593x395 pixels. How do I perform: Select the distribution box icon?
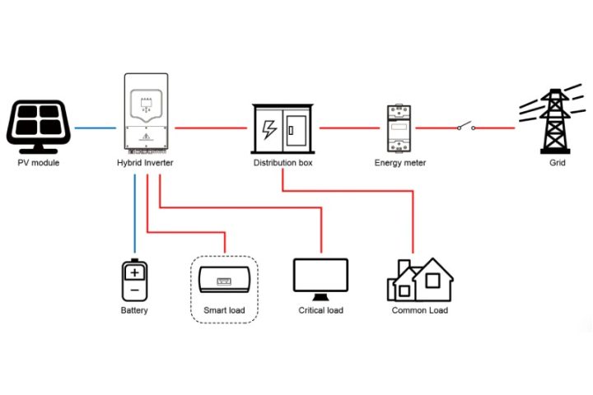coord(282,128)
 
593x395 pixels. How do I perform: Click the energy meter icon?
coord(400,128)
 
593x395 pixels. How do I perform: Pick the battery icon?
coord(134,280)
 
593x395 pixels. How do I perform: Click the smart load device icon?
coord(224,282)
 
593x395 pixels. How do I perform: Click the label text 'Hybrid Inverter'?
coord(145,163)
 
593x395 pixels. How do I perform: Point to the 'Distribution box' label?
coord(282,163)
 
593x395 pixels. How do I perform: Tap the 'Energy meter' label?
coord(400,163)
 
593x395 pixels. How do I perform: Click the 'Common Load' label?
coord(419,310)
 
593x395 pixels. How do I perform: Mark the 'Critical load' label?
coord(320,310)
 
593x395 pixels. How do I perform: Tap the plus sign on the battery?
coord(134,272)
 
